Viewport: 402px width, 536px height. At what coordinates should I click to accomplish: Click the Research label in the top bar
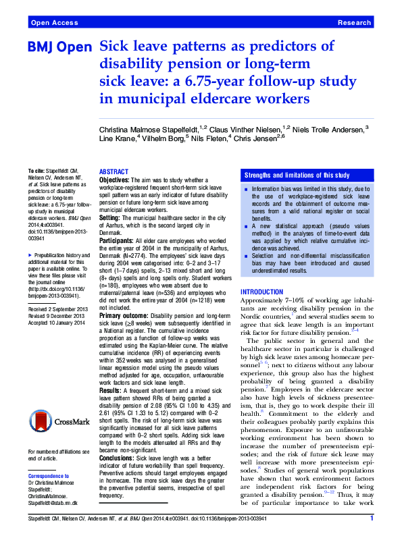[354, 23]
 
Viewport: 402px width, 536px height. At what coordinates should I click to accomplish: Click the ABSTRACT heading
[114, 172]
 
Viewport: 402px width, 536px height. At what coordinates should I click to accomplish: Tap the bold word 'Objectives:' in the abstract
[115, 181]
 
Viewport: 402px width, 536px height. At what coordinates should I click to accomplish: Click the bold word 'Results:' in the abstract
[110, 390]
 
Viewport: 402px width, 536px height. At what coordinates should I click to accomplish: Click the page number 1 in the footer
[372, 519]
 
